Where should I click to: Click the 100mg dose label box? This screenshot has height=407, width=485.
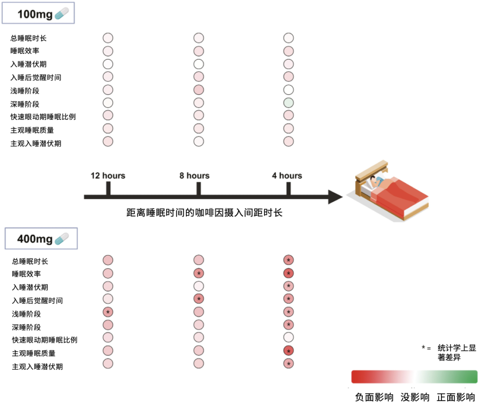pyautogui.click(x=38, y=14)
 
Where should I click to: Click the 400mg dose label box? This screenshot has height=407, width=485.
pyautogui.click(x=41, y=239)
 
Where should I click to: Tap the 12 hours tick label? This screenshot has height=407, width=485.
pyautogui.click(x=108, y=175)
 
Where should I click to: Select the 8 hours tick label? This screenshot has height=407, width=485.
pyautogui.click(x=194, y=175)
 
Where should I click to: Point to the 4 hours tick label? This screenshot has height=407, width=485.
pyautogui.click(x=287, y=175)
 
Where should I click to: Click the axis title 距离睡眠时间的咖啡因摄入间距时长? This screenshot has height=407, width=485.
pyautogui.click(x=204, y=213)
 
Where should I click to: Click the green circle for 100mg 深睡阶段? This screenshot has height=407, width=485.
pyautogui.click(x=288, y=103)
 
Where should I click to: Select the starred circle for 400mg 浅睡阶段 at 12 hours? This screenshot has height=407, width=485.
pyautogui.click(x=108, y=311)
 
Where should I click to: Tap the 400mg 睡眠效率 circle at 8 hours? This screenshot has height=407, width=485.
pyautogui.click(x=198, y=273)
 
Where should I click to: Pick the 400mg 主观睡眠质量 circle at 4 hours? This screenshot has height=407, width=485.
pyautogui.click(x=288, y=350)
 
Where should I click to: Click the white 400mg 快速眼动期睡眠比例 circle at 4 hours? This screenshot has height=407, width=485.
pyautogui.click(x=288, y=337)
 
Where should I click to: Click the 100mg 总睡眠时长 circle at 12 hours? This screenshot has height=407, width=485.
pyautogui.click(x=108, y=38)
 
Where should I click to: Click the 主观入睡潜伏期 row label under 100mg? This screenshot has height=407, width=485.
pyautogui.click(x=36, y=144)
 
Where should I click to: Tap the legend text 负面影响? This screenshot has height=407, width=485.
pyautogui.click(x=374, y=397)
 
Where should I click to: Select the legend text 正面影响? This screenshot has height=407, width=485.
pyautogui.click(x=456, y=397)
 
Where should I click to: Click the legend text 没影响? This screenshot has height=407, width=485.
pyautogui.click(x=415, y=397)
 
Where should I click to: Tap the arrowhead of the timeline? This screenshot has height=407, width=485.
pyautogui.click(x=336, y=197)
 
